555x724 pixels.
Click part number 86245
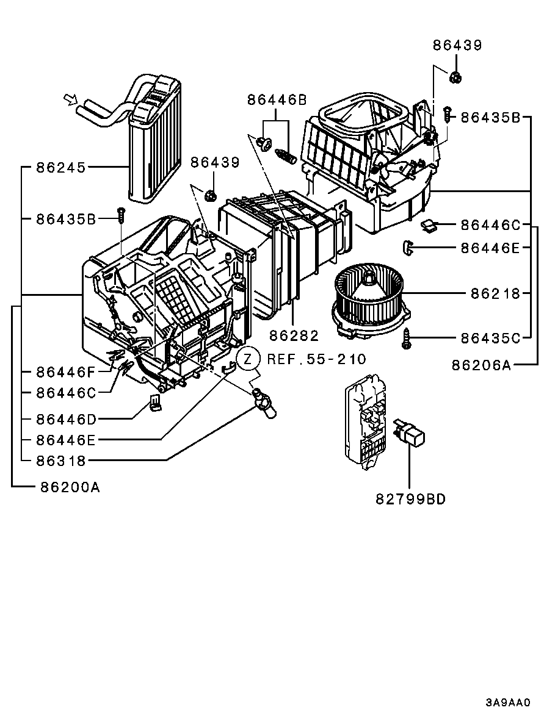pyautogui.click(x=62, y=168)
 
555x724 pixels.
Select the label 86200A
pyautogui.click(x=70, y=487)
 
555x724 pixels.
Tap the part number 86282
pyautogui.click(x=294, y=335)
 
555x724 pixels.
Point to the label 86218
pyautogui.click(x=495, y=293)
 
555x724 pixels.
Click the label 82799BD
pyautogui.click(x=410, y=499)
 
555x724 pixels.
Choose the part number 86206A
pyautogui.click(x=482, y=365)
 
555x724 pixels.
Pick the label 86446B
pyautogui.click(x=277, y=100)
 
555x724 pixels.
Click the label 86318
pyautogui.click(x=62, y=461)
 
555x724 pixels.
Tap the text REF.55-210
pyautogui.click(x=317, y=359)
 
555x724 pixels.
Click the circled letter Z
pyautogui.click(x=248, y=358)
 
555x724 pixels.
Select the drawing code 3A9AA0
pyautogui.click(x=508, y=703)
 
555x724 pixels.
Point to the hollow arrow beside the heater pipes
pyautogui.click(x=71, y=99)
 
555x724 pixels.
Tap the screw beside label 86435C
pyautogui.click(x=407, y=338)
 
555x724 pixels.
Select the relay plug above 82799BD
pyautogui.click(x=409, y=431)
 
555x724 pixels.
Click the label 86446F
pyautogui.click(x=65, y=371)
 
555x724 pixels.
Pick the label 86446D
pyautogui.click(x=66, y=419)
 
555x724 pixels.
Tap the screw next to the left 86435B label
pyautogui.click(x=121, y=215)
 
